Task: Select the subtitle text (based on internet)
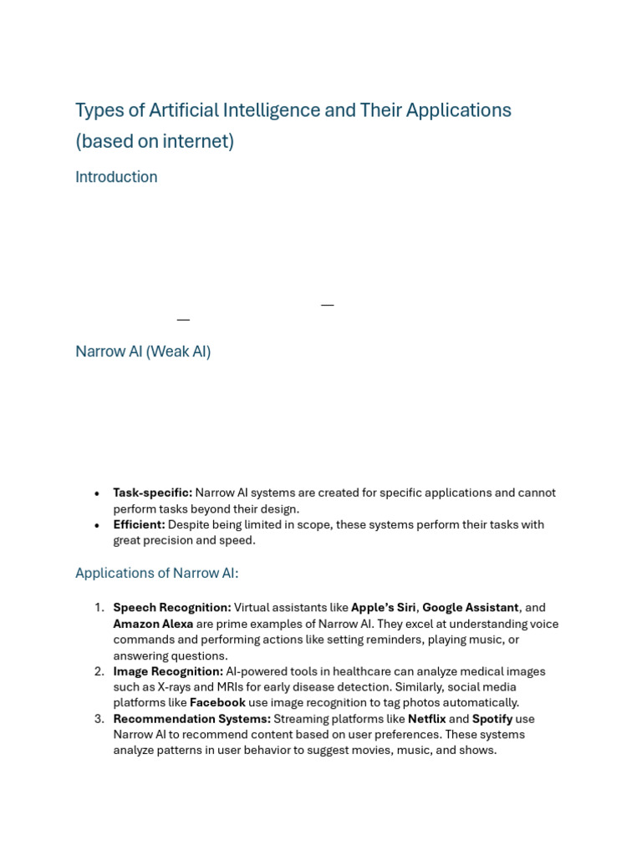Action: point(155,141)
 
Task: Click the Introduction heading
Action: point(116,177)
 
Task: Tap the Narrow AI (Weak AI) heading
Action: point(143,352)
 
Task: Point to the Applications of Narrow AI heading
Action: point(157,573)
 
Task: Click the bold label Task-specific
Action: point(152,493)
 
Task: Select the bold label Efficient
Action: point(139,524)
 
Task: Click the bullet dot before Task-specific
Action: point(98,493)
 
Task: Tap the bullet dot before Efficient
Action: point(98,525)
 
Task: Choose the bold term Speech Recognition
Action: point(172,608)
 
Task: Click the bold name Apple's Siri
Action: point(383,608)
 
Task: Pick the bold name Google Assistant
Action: point(470,608)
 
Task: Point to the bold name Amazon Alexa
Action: point(153,624)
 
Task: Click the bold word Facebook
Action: point(217,703)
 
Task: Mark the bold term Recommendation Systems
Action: point(191,719)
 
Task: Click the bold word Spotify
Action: point(492,719)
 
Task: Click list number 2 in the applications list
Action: point(99,671)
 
